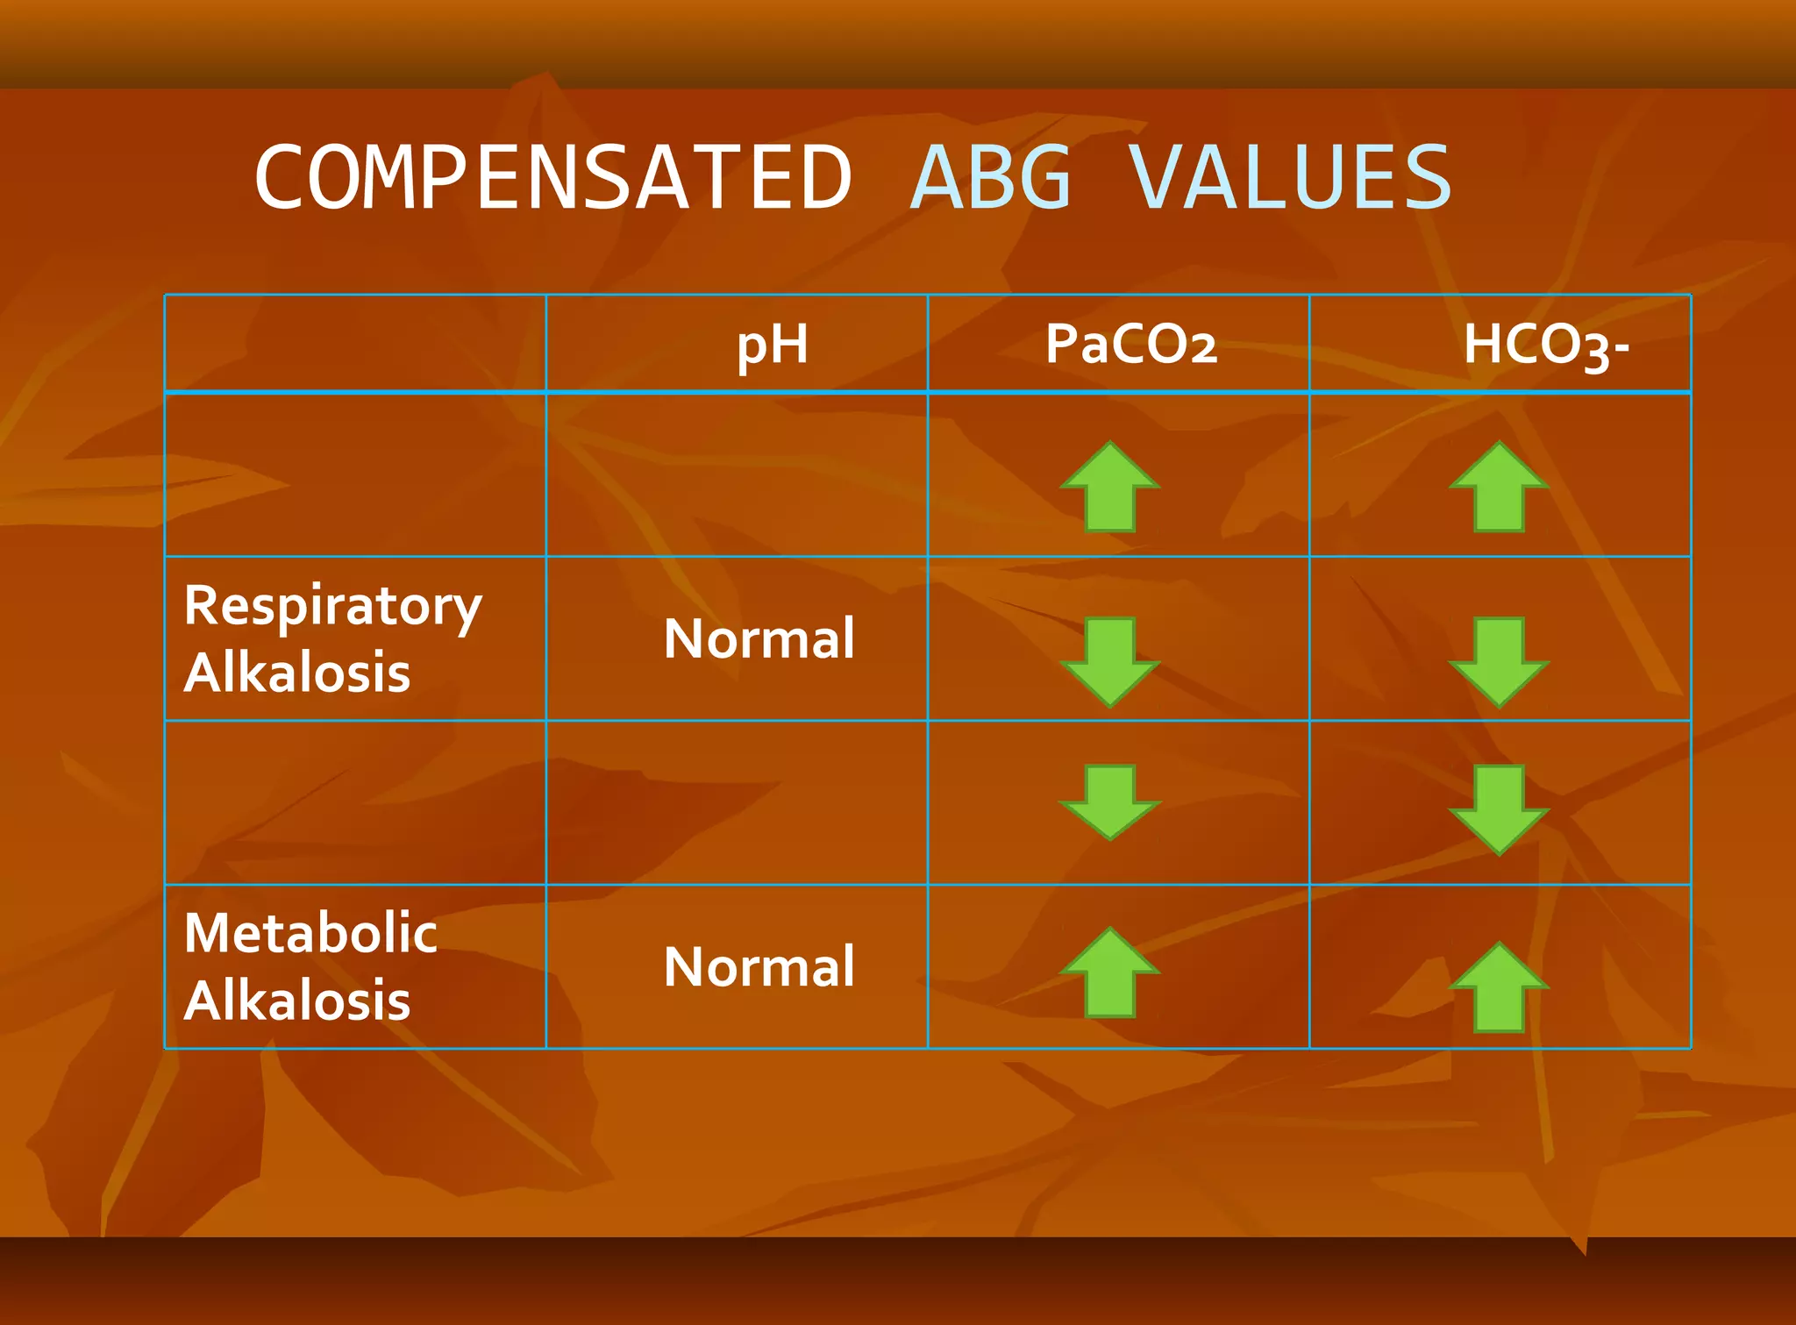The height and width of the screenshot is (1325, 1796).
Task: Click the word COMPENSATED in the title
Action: [553, 179]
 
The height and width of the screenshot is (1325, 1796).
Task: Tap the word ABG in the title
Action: [992, 179]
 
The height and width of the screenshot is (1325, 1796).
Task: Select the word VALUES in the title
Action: [1290, 179]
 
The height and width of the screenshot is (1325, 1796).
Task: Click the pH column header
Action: [772, 344]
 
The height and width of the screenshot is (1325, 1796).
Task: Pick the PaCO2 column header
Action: [1131, 344]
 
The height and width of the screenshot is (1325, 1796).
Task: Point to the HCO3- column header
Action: [1545, 345]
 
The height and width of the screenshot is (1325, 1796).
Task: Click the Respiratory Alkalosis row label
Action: [332, 638]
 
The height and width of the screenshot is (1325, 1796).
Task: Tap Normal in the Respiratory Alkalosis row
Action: [759, 638]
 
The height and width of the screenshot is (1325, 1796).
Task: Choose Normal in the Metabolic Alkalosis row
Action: [759, 966]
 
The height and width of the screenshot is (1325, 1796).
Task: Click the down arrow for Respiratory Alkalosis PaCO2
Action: [1110, 661]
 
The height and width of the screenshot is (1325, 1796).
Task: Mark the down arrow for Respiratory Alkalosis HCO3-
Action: [1499, 661]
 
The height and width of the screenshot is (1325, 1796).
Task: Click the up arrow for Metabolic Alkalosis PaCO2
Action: [1110, 972]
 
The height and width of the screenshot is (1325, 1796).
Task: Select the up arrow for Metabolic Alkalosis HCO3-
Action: [1499, 987]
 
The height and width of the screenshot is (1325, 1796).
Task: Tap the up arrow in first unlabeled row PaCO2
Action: [1110, 487]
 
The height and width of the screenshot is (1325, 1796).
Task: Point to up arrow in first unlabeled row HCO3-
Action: [1499, 487]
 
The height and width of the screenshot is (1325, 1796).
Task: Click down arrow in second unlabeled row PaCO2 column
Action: [1110, 801]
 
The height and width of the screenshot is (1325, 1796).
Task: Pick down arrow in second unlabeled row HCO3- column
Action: [1499, 809]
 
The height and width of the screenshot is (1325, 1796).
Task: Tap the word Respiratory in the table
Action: [332, 606]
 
